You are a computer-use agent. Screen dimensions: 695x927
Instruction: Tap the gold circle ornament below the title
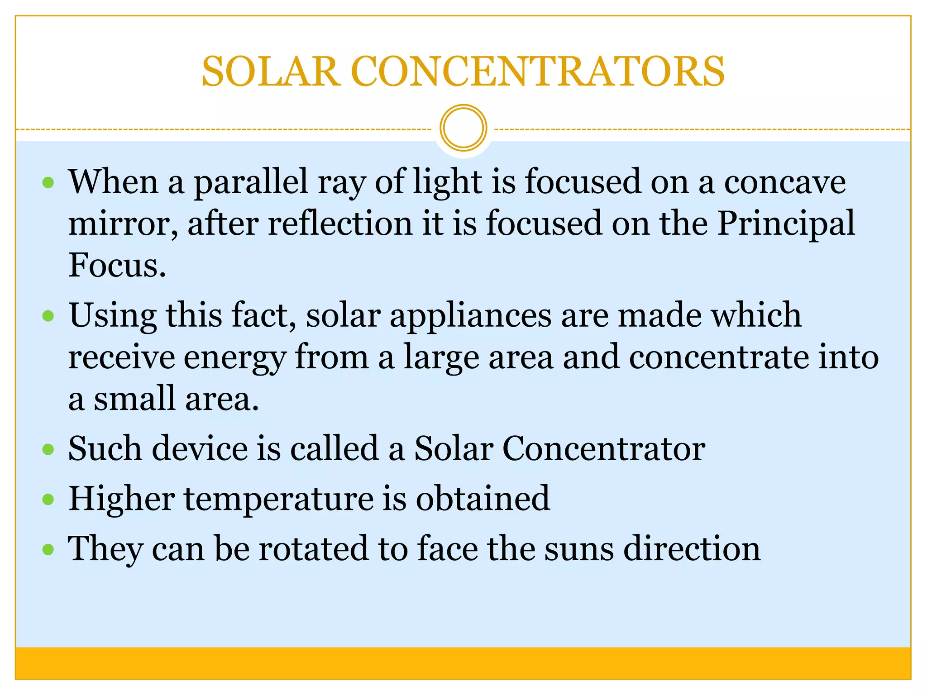coord(463,128)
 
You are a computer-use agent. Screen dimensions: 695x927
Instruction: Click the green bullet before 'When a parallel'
coord(48,183)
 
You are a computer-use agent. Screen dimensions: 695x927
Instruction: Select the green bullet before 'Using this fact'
coord(48,315)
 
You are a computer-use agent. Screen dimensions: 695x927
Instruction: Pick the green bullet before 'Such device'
coord(48,449)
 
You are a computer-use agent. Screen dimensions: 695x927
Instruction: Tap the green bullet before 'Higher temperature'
coord(48,500)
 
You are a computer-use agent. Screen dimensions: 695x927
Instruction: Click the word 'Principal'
coord(786,224)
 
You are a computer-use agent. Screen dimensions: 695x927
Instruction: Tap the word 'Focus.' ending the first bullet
coord(117,265)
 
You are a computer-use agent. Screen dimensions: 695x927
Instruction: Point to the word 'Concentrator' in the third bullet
coord(604,449)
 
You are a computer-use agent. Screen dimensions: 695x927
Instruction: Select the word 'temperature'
coord(278,500)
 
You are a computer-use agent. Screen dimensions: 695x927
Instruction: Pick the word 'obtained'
coord(483,499)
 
